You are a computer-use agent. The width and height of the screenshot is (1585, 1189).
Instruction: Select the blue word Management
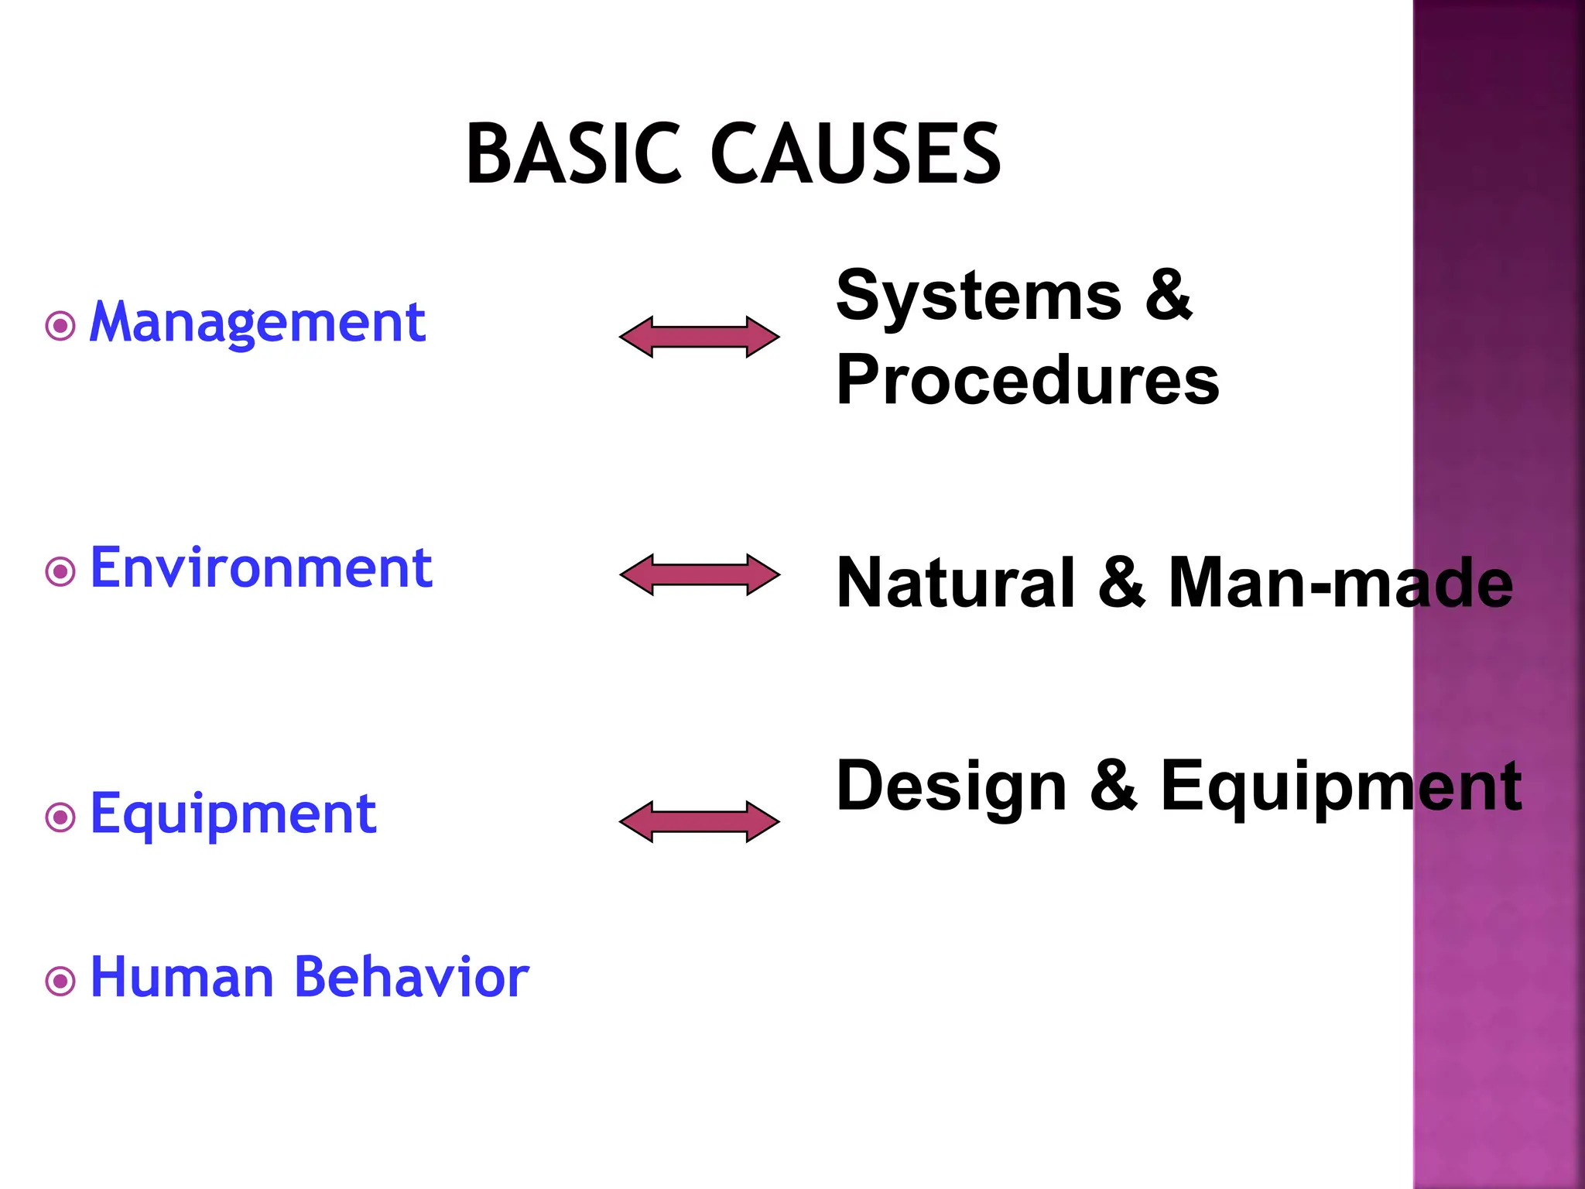(257, 322)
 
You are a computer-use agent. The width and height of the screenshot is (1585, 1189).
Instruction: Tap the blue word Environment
(261, 568)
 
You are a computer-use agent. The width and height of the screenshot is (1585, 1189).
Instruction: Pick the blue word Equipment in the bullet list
(233, 814)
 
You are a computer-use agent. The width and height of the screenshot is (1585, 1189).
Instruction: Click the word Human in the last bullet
(182, 977)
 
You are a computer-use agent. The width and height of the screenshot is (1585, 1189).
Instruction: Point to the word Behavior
(412, 977)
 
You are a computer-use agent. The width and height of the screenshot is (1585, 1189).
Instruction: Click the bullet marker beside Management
(60, 326)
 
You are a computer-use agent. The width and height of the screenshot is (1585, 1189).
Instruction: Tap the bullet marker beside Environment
(60, 572)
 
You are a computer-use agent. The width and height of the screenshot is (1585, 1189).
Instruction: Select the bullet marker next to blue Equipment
(60, 817)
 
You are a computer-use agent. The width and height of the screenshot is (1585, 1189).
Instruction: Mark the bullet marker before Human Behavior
(60, 982)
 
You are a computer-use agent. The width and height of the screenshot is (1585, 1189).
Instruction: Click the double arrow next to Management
(700, 337)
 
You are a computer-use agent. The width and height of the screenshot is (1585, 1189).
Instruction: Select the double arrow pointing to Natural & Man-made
(700, 574)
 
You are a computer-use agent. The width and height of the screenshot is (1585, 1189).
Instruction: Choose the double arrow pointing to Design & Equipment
(700, 821)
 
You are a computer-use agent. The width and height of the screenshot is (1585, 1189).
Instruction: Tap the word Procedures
(1028, 380)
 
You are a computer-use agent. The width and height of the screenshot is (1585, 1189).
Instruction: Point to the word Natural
(957, 582)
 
